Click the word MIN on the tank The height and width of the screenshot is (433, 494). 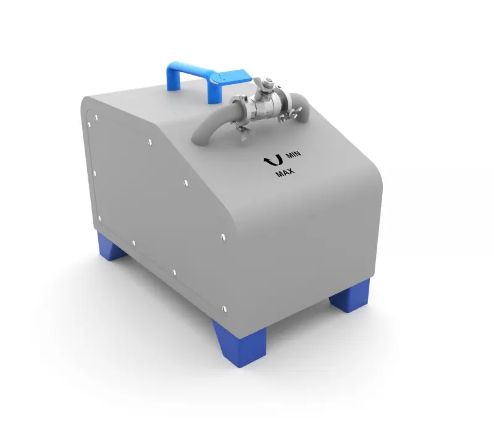click(x=293, y=154)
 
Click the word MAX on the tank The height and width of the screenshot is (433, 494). click(x=285, y=173)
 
